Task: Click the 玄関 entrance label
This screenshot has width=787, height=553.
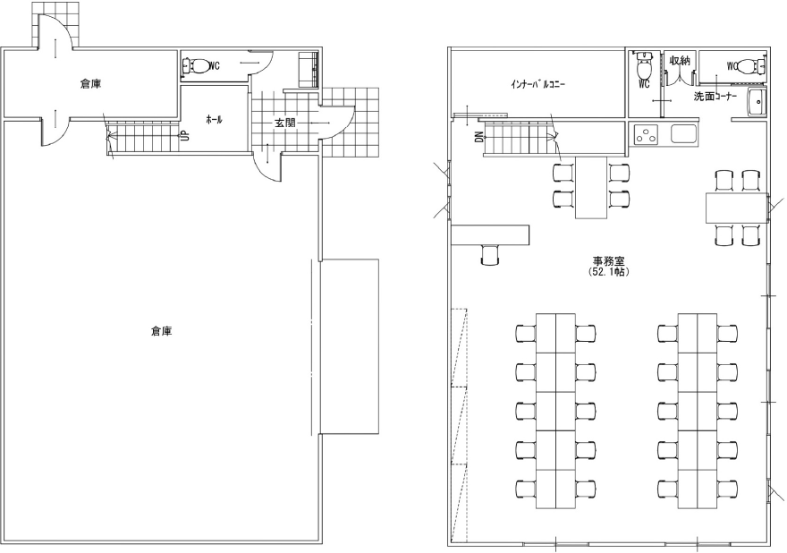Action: coord(284,123)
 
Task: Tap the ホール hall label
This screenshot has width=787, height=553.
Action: coord(214,120)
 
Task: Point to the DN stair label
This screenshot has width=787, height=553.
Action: coord(479,136)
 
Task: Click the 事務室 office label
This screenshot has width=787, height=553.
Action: coord(608,261)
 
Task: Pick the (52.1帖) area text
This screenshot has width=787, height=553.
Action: coord(608,272)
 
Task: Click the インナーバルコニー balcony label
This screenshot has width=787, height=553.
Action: coord(537,84)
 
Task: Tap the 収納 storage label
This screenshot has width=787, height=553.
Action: coord(680,61)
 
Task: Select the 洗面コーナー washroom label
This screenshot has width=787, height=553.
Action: coord(715,97)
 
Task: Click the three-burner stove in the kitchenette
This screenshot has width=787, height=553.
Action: coord(645,134)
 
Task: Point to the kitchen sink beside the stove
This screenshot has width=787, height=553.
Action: coord(683,134)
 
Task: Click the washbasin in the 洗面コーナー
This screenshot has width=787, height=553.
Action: coord(757,102)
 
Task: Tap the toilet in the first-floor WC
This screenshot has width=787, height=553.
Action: coord(197,65)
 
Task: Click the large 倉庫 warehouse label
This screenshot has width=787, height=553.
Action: coord(162,331)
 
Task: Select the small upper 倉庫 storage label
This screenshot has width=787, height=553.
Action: coord(91,84)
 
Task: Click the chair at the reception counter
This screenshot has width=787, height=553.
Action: coord(490,255)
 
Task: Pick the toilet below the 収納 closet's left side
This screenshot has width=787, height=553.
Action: coord(643,64)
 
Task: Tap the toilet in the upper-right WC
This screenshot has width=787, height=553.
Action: coord(751,65)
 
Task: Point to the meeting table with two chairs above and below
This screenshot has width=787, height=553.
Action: coord(736,208)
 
